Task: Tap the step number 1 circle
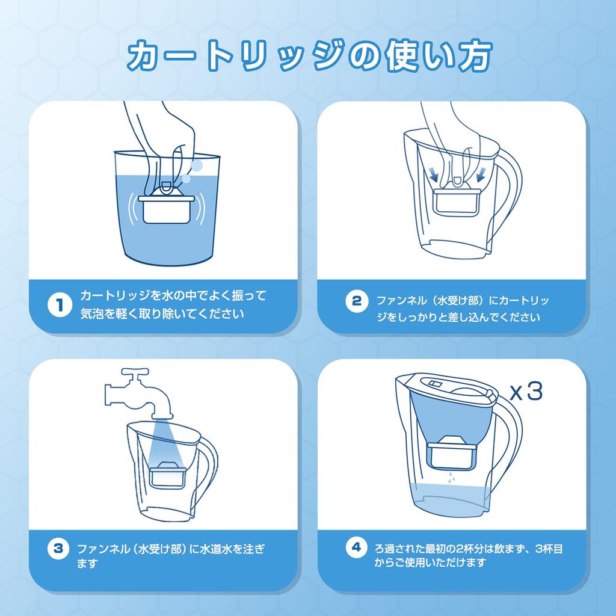click(58, 305)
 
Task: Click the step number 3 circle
click(58, 548)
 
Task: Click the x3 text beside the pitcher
click(526, 392)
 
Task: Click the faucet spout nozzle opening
click(161, 416)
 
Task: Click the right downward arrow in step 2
click(481, 174)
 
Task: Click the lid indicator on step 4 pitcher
click(434, 382)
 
